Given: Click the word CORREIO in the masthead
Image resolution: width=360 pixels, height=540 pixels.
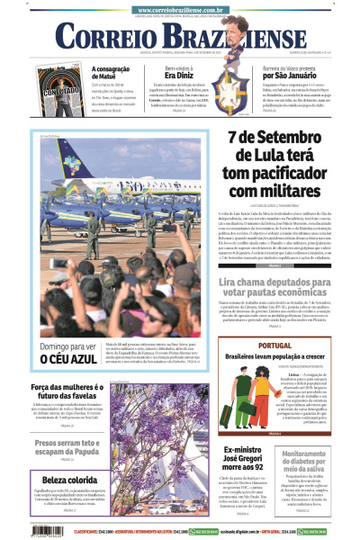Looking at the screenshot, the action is [99, 36].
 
